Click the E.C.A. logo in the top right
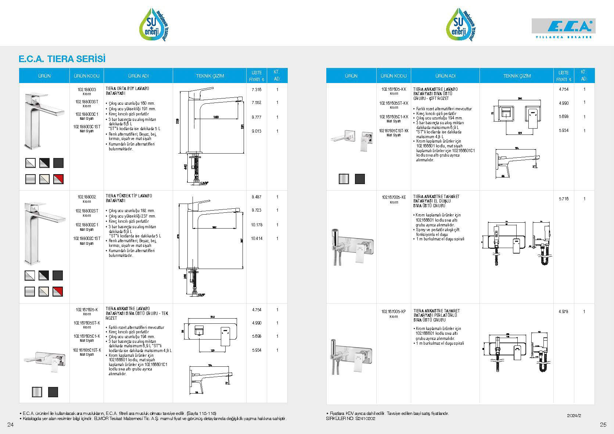pos(563,28)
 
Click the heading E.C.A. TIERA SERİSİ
pos(62,59)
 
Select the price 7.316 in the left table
pos(256,90)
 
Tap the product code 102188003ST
pos(87,101)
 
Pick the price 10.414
pos(256,238)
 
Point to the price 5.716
pos(564,199)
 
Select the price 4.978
pos(563,312)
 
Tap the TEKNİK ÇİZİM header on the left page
pos(210,76)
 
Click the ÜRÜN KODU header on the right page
pos(394,76)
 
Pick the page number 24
pos(10,425)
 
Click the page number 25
pos(603,425)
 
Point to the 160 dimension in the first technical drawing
pos(216,117)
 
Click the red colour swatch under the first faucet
pos(58,179)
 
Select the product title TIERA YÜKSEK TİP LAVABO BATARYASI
pos(129,198)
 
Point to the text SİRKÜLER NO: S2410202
pos(351,419)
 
